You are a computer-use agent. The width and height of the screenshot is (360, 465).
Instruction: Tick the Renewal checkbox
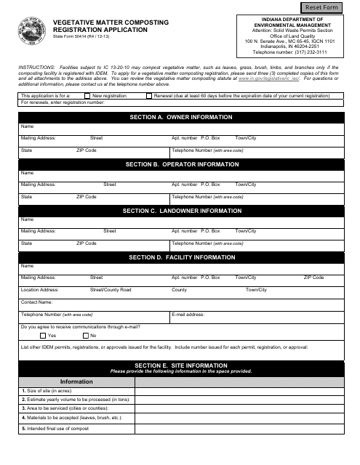(x=150, y=95)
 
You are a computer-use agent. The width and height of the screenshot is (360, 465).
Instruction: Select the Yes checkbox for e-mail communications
(x=43, y=336)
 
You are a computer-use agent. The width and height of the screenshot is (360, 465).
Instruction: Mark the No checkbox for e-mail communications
(x=85, y=336)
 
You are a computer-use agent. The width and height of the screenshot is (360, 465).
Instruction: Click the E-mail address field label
(x=188, y=315)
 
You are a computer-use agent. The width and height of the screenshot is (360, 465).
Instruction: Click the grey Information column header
(x=76, y=381)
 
